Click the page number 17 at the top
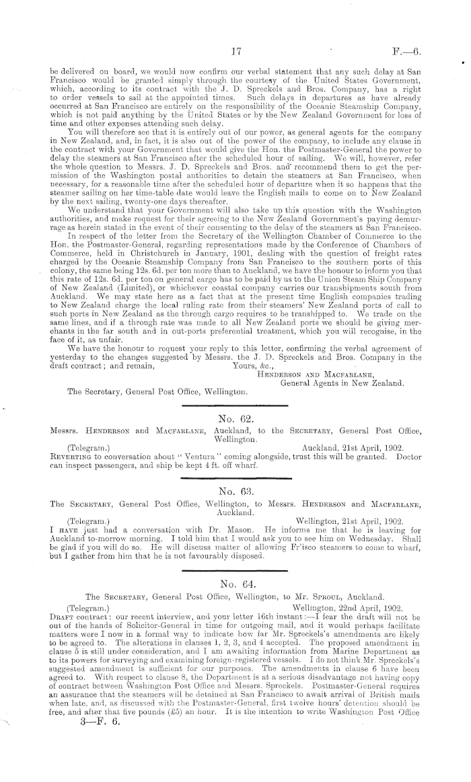235,50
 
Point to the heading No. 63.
234,492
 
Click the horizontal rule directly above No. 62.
234,405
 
